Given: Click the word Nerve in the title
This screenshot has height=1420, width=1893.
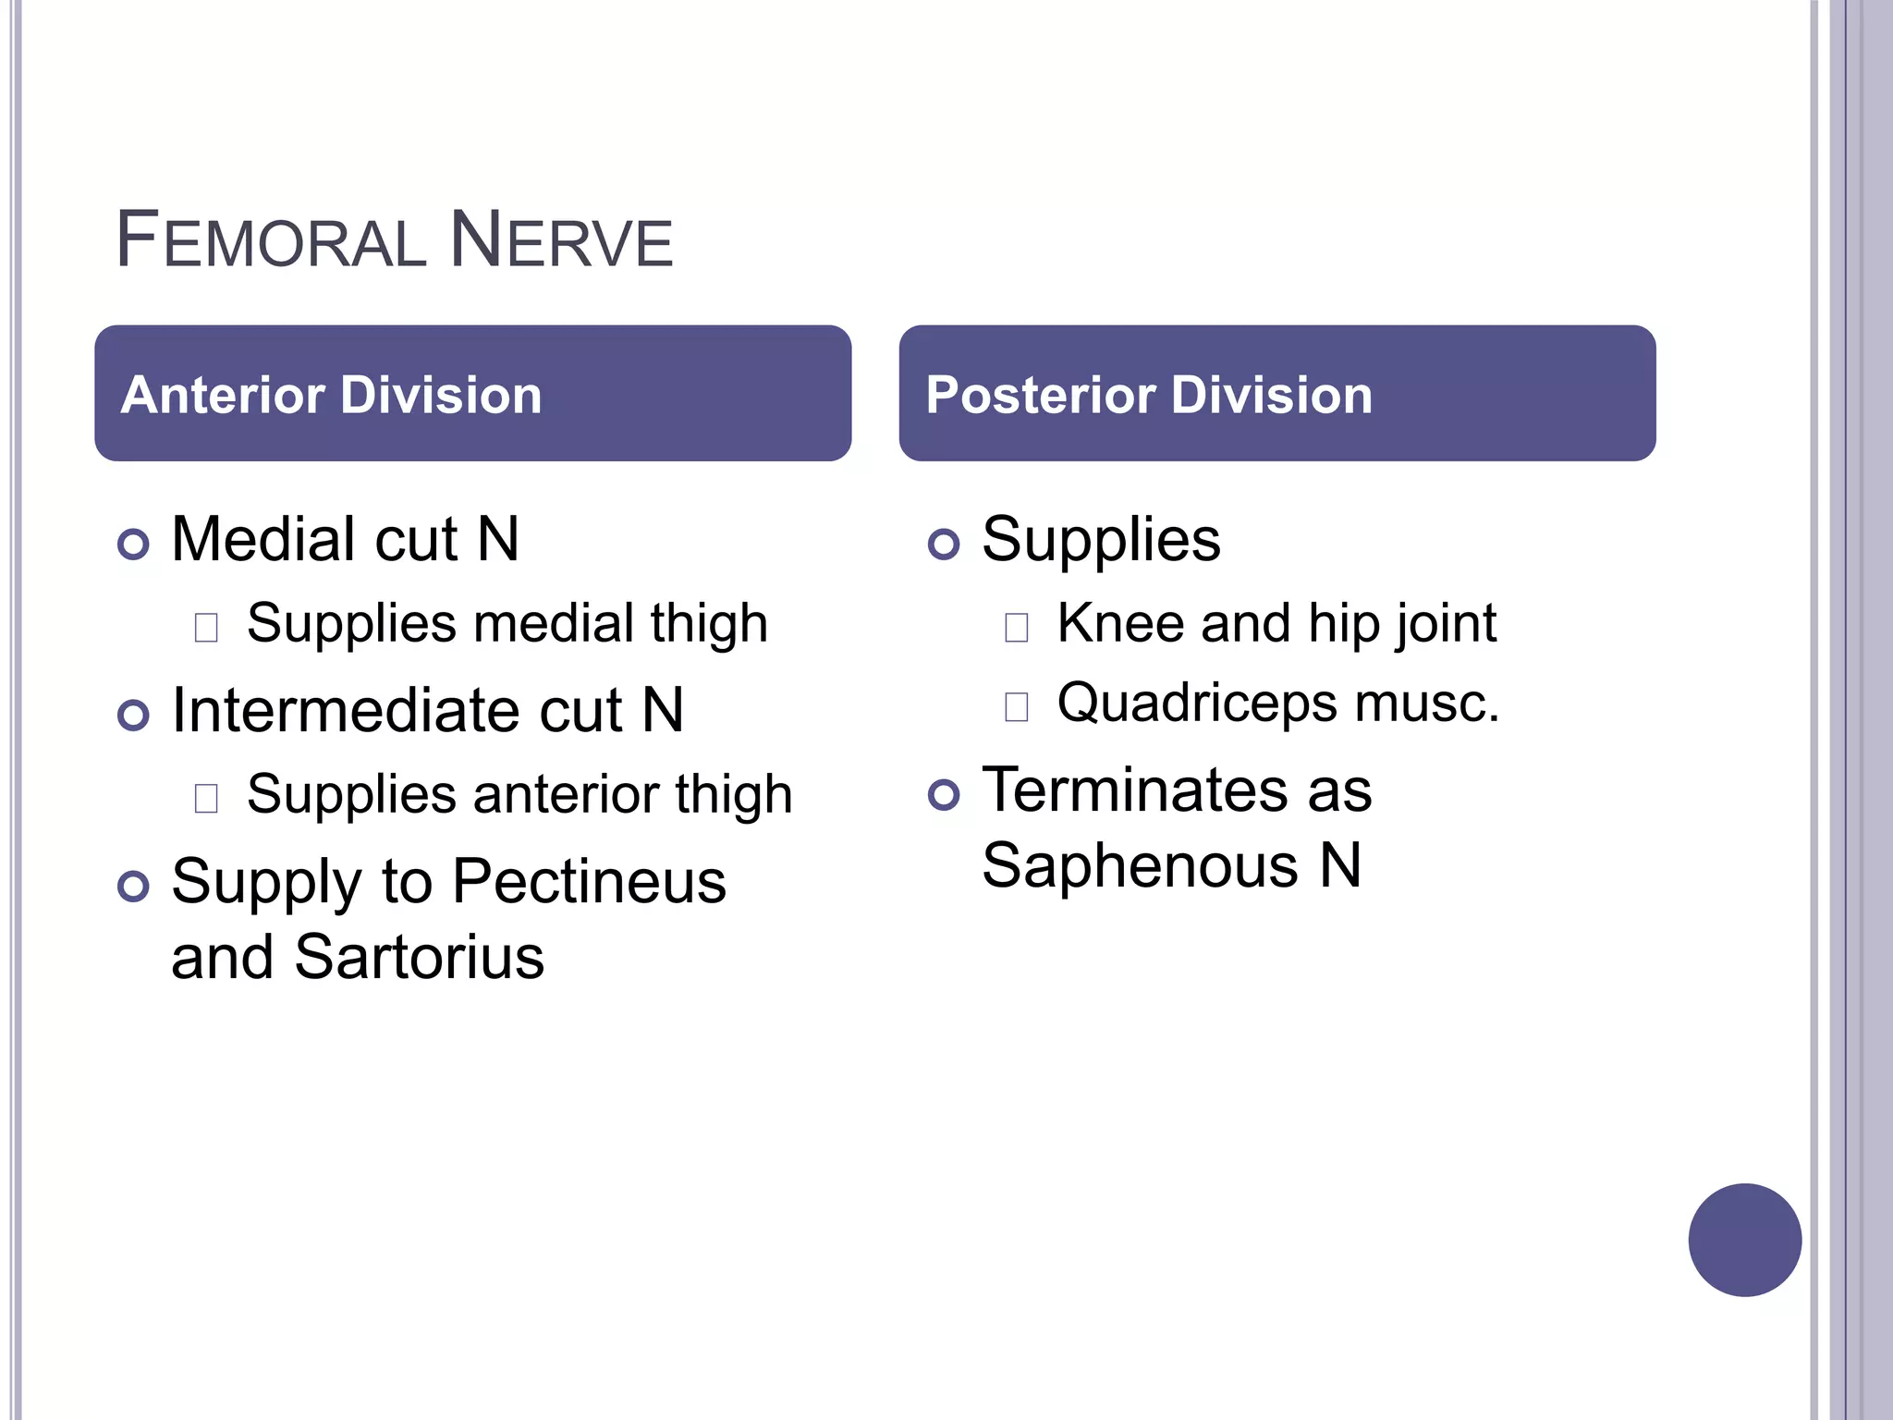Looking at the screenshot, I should [x=560, y=240].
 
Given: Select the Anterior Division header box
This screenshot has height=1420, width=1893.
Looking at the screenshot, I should [x=472, y=393].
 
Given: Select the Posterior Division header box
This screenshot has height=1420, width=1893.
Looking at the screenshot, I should [x=1276, y=393].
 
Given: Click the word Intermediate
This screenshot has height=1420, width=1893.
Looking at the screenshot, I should [x=350, y=711].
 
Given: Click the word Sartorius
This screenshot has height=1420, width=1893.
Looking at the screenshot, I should [x=420, y=957].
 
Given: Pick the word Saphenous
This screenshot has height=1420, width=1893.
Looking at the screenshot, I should [x=1140, y=866].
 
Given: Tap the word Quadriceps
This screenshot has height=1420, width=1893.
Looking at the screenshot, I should [x=1197, y=703].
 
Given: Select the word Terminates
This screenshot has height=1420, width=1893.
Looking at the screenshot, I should [x=1134, y=790].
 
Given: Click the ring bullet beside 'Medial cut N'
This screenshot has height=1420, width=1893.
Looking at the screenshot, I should [x=134, y=544].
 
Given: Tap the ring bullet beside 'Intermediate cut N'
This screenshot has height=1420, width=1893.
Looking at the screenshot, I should [x=134, y=715].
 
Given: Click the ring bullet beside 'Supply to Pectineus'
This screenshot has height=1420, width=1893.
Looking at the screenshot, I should [x=134, y=886].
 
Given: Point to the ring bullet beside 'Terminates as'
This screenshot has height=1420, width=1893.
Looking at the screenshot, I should [x=944, y=794].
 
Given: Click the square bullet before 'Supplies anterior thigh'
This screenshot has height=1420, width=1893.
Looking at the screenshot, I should [x=206, y=798].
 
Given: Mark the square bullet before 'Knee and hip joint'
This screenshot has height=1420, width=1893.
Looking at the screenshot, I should [x=1016, y=628].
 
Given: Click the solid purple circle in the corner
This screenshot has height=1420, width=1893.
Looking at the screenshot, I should [x=1744, y=1240].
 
